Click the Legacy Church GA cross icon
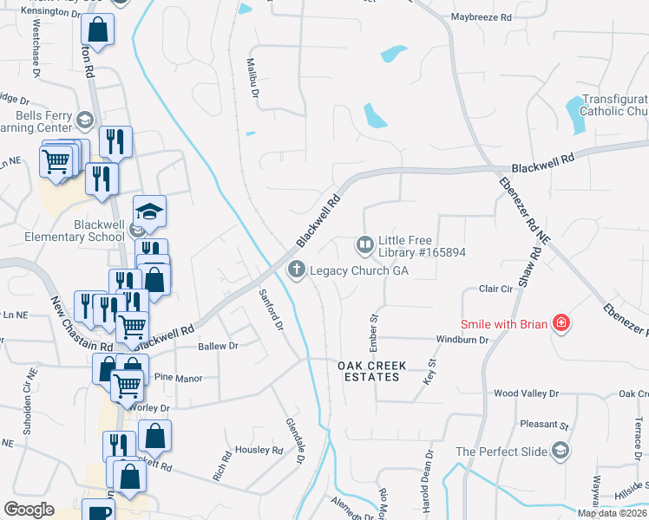[x=297, y=270]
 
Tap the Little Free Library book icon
[x=364, y=246]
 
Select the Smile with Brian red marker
[x=561, y=324]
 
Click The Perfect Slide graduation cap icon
[x=560, y=451]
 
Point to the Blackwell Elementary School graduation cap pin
[x=149, y=211]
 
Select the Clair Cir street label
[x=497, y=289]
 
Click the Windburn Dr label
[x=462, y=340]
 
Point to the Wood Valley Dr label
[x=526, y=393]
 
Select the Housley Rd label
[x=259, y=451]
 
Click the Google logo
[x=29, y=510]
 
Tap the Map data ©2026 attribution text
[x=612, y=513]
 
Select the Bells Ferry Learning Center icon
[x=85, y=120]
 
